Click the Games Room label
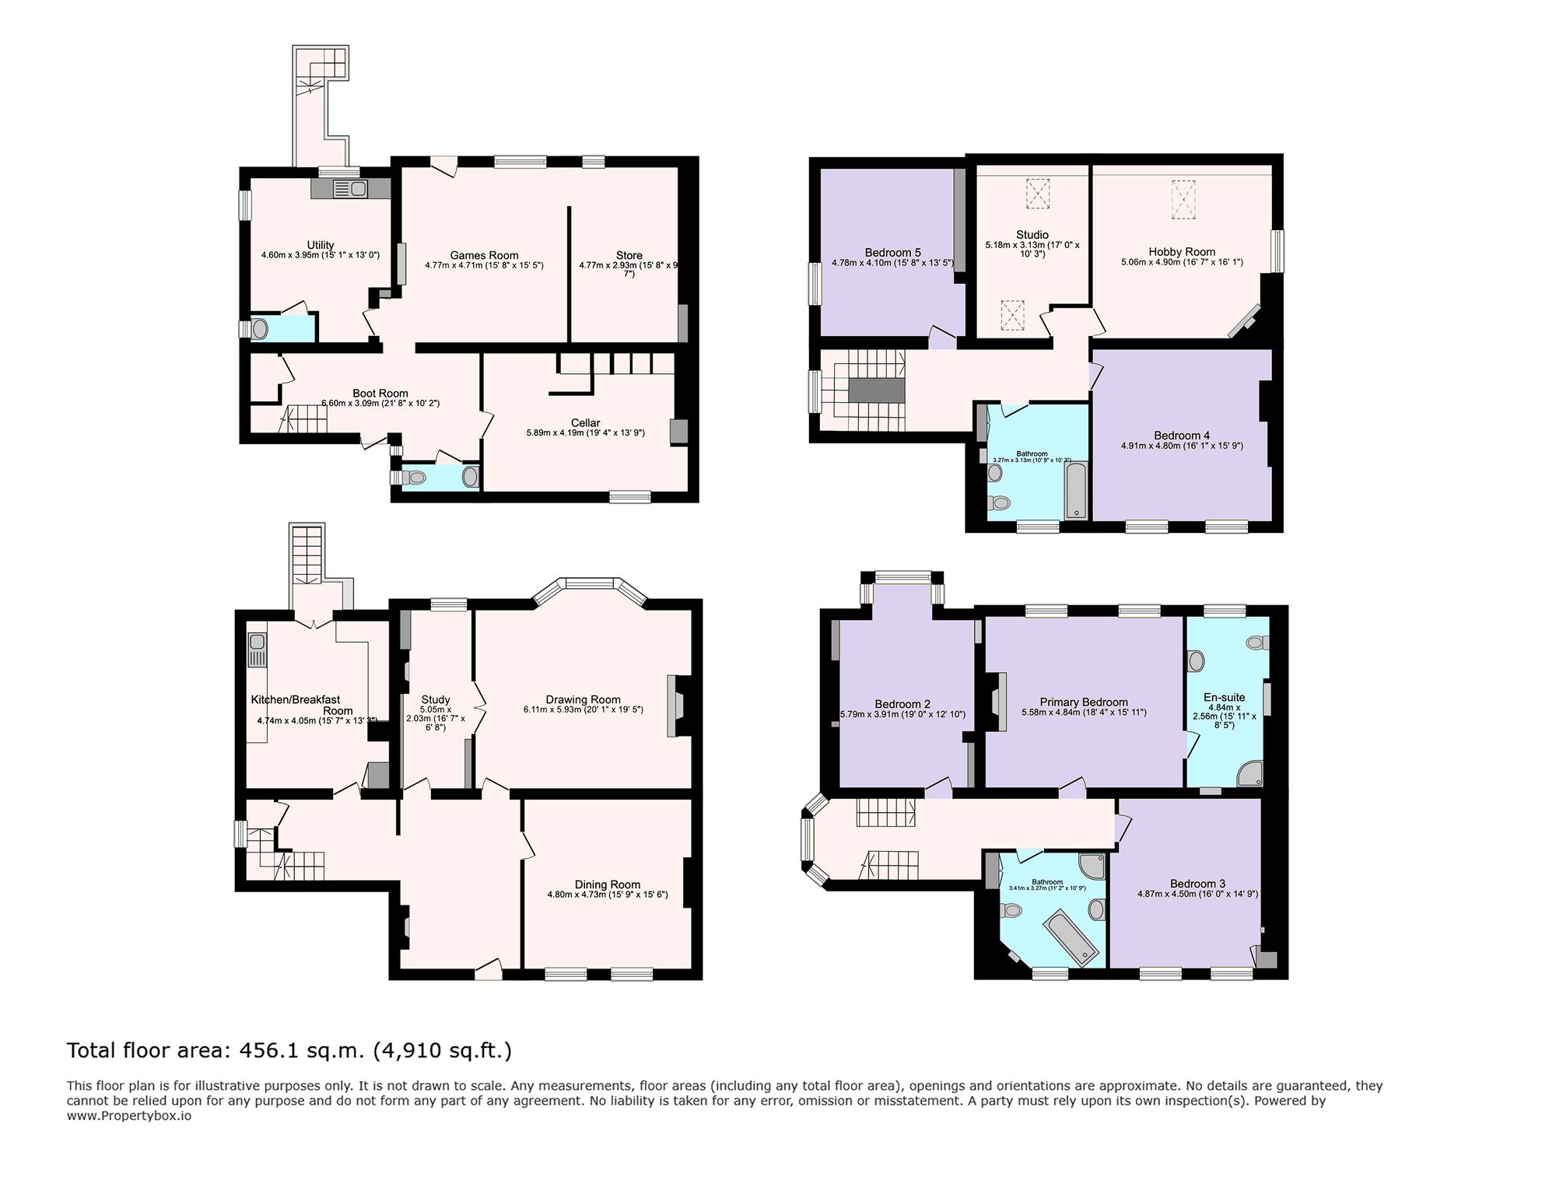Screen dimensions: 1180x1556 [x=484, y=255]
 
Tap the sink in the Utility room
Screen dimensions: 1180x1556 [x=349, y=188]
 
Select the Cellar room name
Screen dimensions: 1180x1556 [x=585, y=422]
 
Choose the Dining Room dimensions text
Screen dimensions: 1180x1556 [x=607, y=895]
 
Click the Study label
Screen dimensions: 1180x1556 [x=436, y=699]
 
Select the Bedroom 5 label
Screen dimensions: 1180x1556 [x=892, y=252]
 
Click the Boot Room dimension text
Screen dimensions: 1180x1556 [x=380, y=404]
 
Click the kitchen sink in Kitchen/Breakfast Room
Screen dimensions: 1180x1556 [x=257, y=650]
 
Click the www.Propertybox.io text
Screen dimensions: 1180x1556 [x=128, y=1115]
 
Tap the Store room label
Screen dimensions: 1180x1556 [x=629, y=255]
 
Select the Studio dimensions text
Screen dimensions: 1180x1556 [x=1032, y=249]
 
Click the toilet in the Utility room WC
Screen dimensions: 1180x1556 [x=258, y=329]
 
